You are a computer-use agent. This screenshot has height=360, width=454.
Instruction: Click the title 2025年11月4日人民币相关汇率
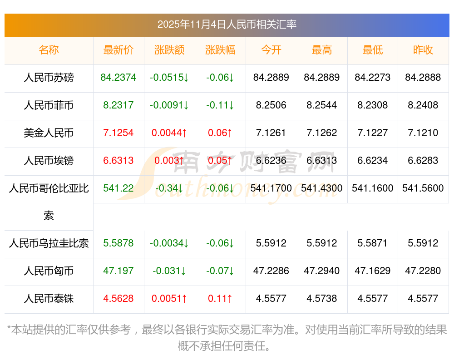click(x=227, y=25)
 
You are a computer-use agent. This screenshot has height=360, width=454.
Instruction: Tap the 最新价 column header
click(x=118, y=50)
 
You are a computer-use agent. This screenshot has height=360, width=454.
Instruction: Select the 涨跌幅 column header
click(x=220, y=50)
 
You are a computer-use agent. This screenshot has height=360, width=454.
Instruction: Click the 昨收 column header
click(x=423, y=50)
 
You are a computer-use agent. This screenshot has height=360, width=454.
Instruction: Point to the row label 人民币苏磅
click(x=49, y=78)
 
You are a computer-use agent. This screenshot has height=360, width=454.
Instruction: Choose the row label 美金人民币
click(x=49, y=133)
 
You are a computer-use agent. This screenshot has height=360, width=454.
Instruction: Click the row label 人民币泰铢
click(x=49, y=299)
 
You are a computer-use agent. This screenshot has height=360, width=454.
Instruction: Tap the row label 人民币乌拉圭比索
click(x=49, y=243)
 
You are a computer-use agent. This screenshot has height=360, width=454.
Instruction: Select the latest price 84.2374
click(x=118, y=78)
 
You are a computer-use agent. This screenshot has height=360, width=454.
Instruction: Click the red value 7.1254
click(x=118, y=133)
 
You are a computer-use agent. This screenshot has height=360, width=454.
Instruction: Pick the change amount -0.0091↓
click(x=169, y=105)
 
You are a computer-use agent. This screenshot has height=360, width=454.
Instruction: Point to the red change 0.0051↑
click(x=169, y=299)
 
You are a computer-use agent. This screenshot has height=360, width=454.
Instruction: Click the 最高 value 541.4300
click(x=322, y=188)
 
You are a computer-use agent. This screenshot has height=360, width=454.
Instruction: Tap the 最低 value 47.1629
click(x=373, y=271)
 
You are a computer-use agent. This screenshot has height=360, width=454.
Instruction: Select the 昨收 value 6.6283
click(x=423, y=161)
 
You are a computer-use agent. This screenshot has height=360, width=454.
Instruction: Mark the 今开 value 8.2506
click(x=271, y=105)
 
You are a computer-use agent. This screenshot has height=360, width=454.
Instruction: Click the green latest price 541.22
click(x=118, y=188)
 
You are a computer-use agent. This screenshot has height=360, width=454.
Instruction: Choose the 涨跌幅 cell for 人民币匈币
click(x=220, y=271)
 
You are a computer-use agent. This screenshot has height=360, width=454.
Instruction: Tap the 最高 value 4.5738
click(x=322, y=299)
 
